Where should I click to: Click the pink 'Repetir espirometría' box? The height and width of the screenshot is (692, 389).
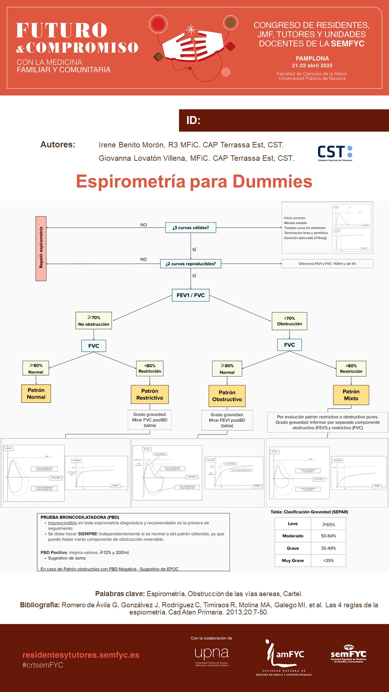[41, 248]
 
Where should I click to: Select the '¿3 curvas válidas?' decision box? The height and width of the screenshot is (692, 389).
[191, 228]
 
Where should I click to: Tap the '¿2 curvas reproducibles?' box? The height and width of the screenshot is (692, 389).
[191, 264]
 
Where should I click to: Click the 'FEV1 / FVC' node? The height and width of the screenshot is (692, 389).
[191, 295]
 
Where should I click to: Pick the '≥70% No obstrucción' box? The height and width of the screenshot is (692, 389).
[94, 321]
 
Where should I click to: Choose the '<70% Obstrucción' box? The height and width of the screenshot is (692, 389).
[289, 321]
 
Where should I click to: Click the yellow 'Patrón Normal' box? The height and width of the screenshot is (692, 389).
[36, 394]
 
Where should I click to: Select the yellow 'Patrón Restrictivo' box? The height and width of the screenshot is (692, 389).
[149, 394]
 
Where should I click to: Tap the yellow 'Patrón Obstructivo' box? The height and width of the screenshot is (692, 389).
[227, 396]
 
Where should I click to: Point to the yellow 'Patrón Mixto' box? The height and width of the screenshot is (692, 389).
[351, 395]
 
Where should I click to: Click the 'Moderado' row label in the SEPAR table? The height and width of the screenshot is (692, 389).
[293, 536]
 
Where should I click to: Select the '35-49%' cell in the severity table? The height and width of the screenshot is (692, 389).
[328, 548]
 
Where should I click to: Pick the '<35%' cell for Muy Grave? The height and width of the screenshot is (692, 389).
[328, 560]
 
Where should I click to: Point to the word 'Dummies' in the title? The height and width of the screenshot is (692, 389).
[272, 181]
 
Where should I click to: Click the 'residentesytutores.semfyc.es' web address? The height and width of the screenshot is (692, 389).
[81, 655]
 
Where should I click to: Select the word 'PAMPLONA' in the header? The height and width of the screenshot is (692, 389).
[312, 58]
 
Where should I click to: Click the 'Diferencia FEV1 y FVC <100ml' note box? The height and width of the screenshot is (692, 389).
[327, 264]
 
